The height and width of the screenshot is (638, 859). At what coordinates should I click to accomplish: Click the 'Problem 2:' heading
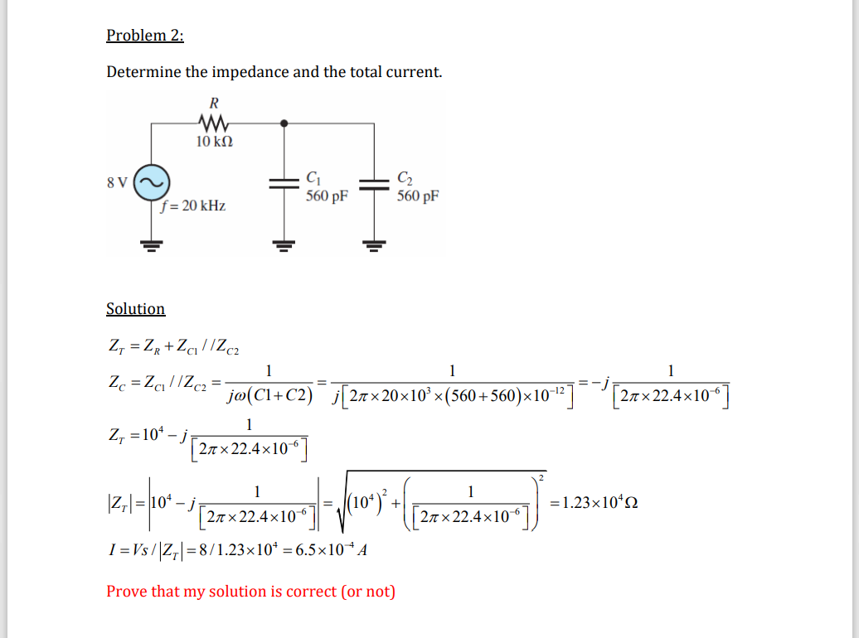coord(145,35)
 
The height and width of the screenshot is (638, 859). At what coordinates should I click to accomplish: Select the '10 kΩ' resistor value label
coord(214,142)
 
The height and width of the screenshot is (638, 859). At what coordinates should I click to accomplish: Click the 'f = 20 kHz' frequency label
coord(195,205)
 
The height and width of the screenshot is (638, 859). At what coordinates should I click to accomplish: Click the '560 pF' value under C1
coord(327,196)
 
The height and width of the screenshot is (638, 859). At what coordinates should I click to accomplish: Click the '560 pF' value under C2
coord(418,196)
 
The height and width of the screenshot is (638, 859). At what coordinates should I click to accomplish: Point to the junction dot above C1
coord(284,123)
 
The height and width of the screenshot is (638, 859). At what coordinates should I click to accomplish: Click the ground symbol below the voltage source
coord(152,244)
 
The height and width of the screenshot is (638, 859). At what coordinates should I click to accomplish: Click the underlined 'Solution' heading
coord(136,309)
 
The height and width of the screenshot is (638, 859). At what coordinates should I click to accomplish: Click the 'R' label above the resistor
coord(213,104)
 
